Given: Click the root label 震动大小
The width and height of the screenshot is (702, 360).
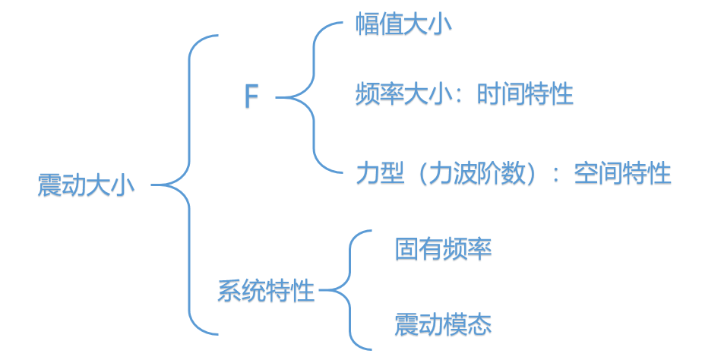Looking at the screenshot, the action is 86,185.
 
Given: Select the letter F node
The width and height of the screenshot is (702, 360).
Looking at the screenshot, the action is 251,98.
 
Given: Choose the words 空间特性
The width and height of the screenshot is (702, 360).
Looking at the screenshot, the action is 623,173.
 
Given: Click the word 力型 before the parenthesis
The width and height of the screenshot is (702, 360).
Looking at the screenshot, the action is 379,173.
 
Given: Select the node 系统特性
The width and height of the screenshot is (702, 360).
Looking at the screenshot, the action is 266,290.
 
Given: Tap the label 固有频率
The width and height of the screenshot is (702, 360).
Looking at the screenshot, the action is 443,248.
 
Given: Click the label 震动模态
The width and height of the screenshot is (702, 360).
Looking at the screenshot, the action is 443,324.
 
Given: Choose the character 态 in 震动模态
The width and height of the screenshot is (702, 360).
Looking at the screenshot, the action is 479,324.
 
